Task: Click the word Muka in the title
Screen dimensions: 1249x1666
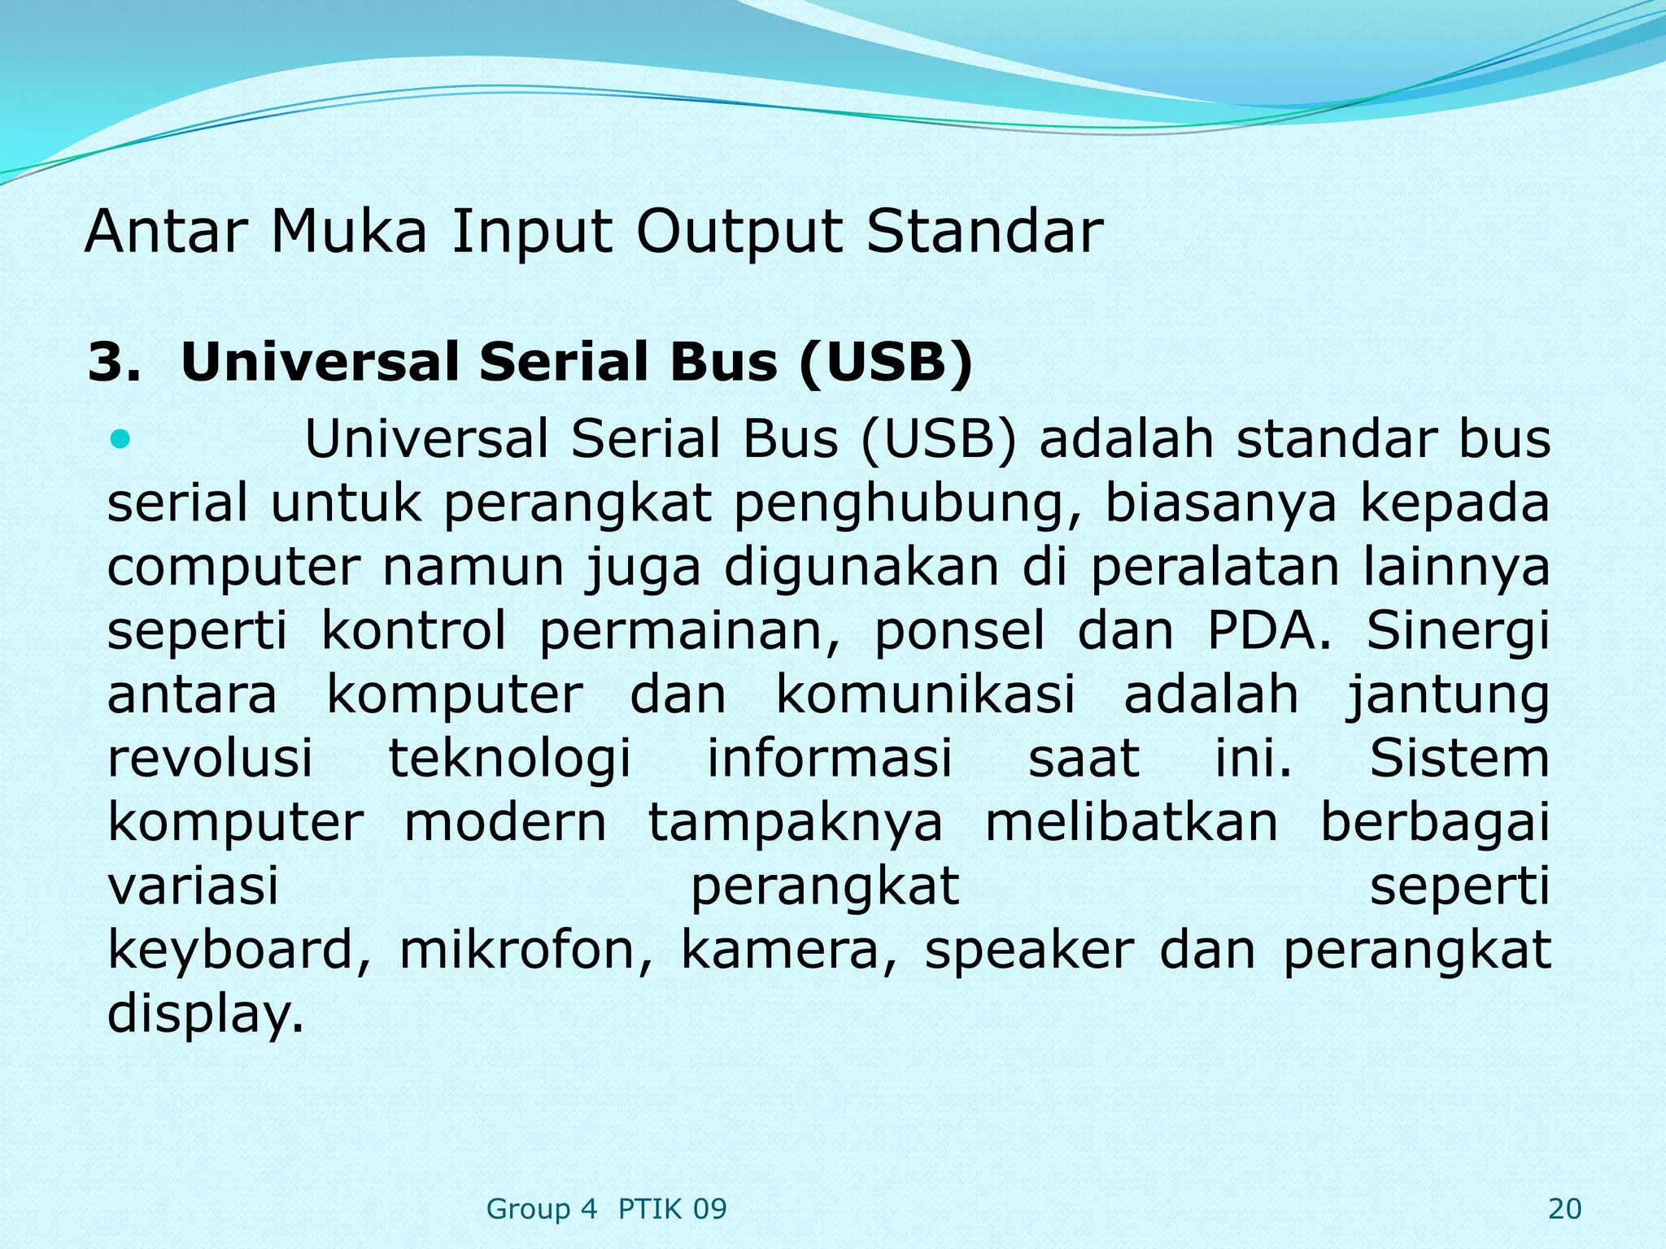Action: (348, 232)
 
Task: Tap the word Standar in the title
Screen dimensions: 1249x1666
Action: (984, 232)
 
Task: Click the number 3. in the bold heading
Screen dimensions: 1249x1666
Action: (113, 362)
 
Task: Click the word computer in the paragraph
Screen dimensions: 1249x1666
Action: (233, 568)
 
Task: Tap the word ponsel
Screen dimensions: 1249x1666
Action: (959, 631)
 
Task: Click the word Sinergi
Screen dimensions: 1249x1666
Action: (1458, 631)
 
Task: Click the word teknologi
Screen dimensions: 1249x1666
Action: (509, 759)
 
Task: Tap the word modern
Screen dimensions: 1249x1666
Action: (505, 822)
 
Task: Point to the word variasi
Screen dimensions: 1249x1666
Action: (193, 886)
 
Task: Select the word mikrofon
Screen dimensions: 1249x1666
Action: (526, 951)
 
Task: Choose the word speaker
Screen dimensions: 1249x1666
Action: (1029, 951)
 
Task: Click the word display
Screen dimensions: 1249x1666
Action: (205, 1014)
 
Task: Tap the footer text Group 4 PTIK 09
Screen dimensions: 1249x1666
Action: (606, 1209)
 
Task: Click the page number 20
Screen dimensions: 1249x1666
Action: (1564, 1209)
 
